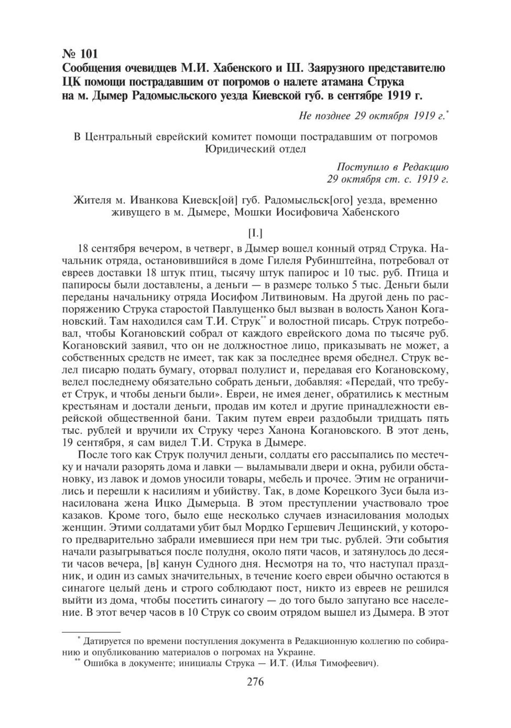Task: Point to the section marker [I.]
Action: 255,233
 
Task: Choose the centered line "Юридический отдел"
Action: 255,149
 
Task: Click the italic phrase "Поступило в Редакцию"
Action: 393,167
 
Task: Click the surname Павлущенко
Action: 223,308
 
